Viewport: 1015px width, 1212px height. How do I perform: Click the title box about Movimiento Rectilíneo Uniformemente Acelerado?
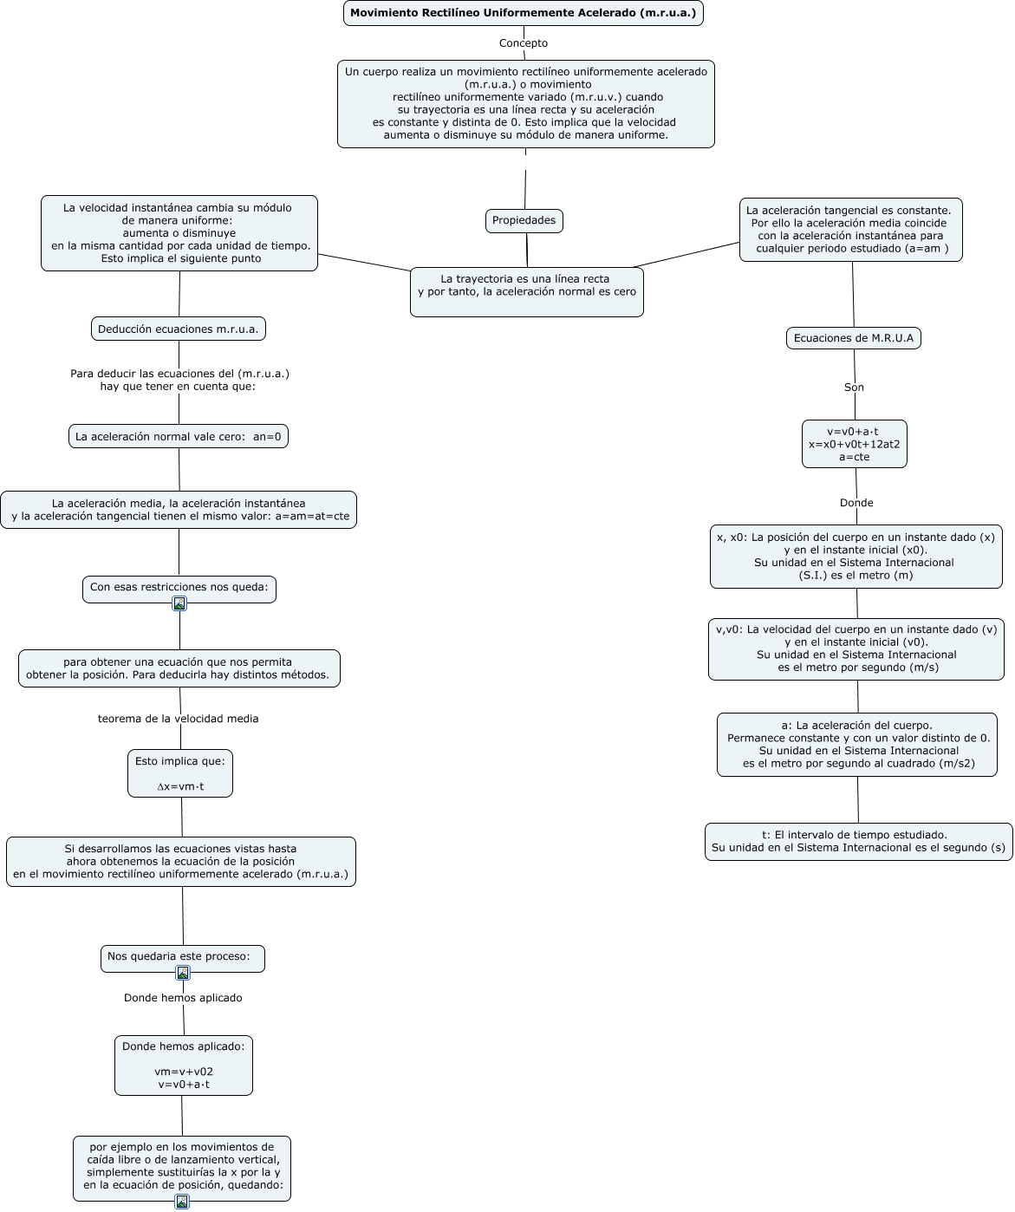523,13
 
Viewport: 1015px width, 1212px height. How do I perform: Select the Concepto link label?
523,43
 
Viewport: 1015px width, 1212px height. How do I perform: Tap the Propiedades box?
524,220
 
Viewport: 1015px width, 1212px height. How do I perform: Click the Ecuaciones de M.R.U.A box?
853,338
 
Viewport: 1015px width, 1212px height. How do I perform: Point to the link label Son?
854,388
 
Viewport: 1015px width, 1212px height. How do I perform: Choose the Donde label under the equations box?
856,503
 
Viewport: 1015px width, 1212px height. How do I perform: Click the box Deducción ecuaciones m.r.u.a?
179,329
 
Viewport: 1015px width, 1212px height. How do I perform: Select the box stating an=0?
179,436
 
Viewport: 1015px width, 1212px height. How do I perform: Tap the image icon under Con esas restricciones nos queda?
179,603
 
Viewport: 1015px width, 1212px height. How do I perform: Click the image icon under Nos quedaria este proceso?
183,972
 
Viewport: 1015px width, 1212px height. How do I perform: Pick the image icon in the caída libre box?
182,1202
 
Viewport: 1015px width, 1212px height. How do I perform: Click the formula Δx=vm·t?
180,786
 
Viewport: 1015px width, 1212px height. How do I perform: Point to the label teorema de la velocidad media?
179,719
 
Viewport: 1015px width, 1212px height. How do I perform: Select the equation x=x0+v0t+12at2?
855,444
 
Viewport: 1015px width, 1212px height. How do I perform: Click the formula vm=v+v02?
184,1072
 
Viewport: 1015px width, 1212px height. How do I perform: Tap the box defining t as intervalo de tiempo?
858,841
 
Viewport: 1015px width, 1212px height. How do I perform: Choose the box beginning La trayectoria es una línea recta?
526,291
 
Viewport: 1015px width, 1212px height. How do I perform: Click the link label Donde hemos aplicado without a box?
183,998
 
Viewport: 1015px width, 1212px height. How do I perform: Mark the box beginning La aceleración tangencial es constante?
851,229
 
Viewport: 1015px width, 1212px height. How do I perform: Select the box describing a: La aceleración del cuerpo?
856,744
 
